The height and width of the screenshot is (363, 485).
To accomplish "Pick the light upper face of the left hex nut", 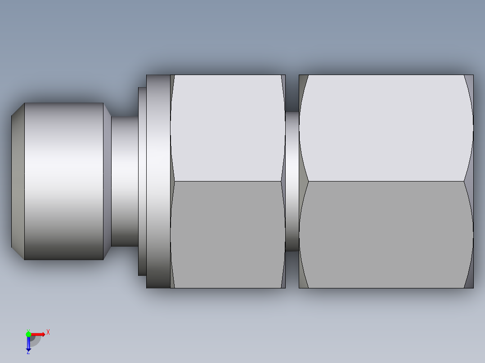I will [x=228, y=128].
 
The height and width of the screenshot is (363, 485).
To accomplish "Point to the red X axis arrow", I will [x=39, y=334].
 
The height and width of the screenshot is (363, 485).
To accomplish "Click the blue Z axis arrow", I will [x=28, y=344].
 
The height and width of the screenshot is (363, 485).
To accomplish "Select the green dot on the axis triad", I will [x=28, y=334].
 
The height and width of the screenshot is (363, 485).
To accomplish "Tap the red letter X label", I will [x=48, y=332].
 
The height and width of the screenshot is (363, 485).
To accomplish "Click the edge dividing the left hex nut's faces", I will [x=228, y=181].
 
